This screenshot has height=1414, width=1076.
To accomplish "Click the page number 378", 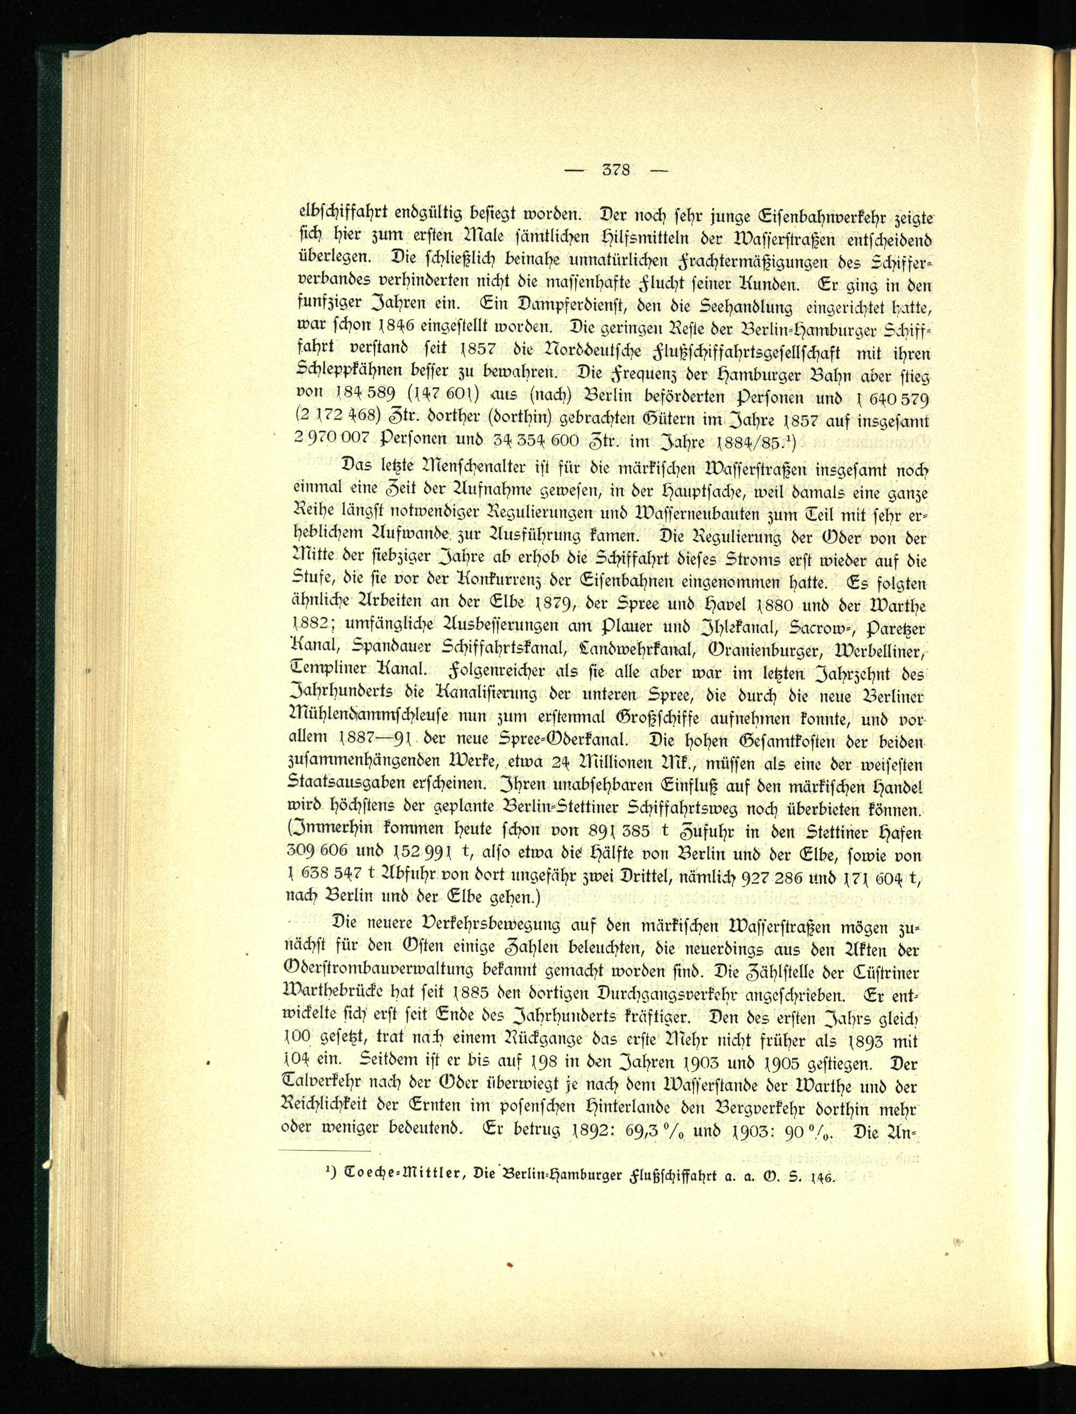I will pos(616,171).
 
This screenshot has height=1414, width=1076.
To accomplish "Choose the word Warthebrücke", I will pos(350,996).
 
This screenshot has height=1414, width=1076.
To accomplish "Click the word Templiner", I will pos(327,669).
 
